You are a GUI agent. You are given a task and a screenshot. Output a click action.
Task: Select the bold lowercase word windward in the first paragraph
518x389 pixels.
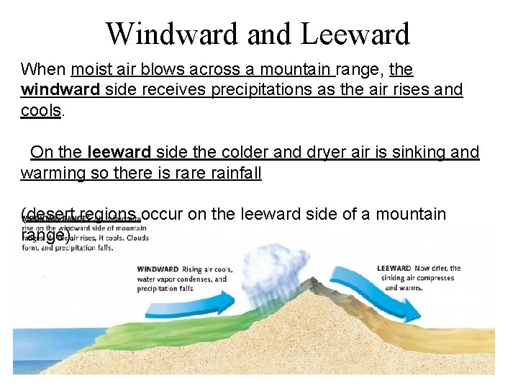pos(60,90)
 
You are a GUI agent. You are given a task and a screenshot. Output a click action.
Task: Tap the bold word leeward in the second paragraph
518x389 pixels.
pos(119,152)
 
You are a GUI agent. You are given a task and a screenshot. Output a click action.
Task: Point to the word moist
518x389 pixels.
pos(90,70)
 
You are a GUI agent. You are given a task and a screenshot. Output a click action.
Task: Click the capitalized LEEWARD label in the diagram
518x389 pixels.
pos(393,269)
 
